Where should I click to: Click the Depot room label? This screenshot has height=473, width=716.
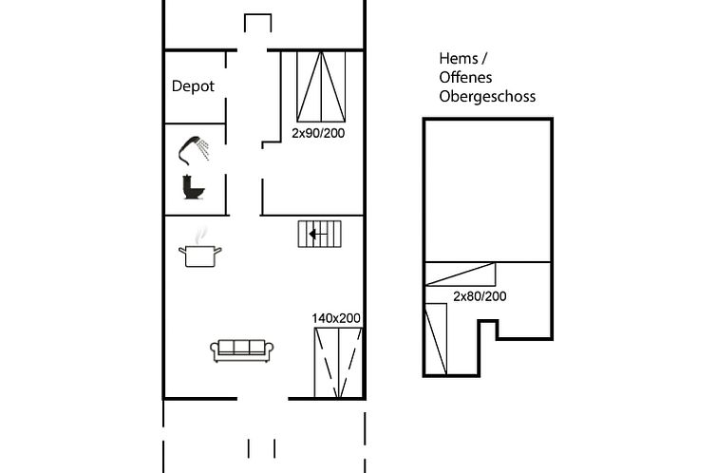tap(193, 86)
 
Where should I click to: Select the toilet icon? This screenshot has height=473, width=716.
tap(193, 186)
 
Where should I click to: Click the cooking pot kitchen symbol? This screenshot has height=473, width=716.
tap(200, 255)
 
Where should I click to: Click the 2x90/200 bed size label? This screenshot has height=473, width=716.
tap(318, 133)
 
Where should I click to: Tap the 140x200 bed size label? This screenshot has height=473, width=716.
tap(337, 318)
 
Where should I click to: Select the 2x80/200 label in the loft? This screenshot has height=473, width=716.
tap(480, 296)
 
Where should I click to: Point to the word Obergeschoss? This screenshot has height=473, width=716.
tap(487, 96)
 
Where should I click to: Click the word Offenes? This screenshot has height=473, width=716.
tap(465, 78)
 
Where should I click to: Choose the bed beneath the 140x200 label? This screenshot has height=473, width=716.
tap(338, 362)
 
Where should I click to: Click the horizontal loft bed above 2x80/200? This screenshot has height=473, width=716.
tap(461, 274)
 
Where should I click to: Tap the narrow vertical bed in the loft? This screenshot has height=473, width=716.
tap(436, 338)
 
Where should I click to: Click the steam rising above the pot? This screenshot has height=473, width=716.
tap(199, 235)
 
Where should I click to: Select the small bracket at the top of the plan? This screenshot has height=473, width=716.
tap(258, 21)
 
